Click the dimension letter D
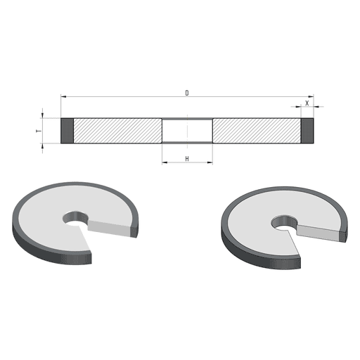[x=187, y=93]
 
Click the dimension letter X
[x=307, y=103]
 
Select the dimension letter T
[x=39, y=131]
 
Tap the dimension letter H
[x=187, y=159]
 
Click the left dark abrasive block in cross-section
[x=67, y=131]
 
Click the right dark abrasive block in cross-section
[x=307, y=131]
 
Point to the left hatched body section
[x=117, y=131]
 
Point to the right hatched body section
[x=257, y=131]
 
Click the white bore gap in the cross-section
[x=187, y=131]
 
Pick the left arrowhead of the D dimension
[x=63, y=96]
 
